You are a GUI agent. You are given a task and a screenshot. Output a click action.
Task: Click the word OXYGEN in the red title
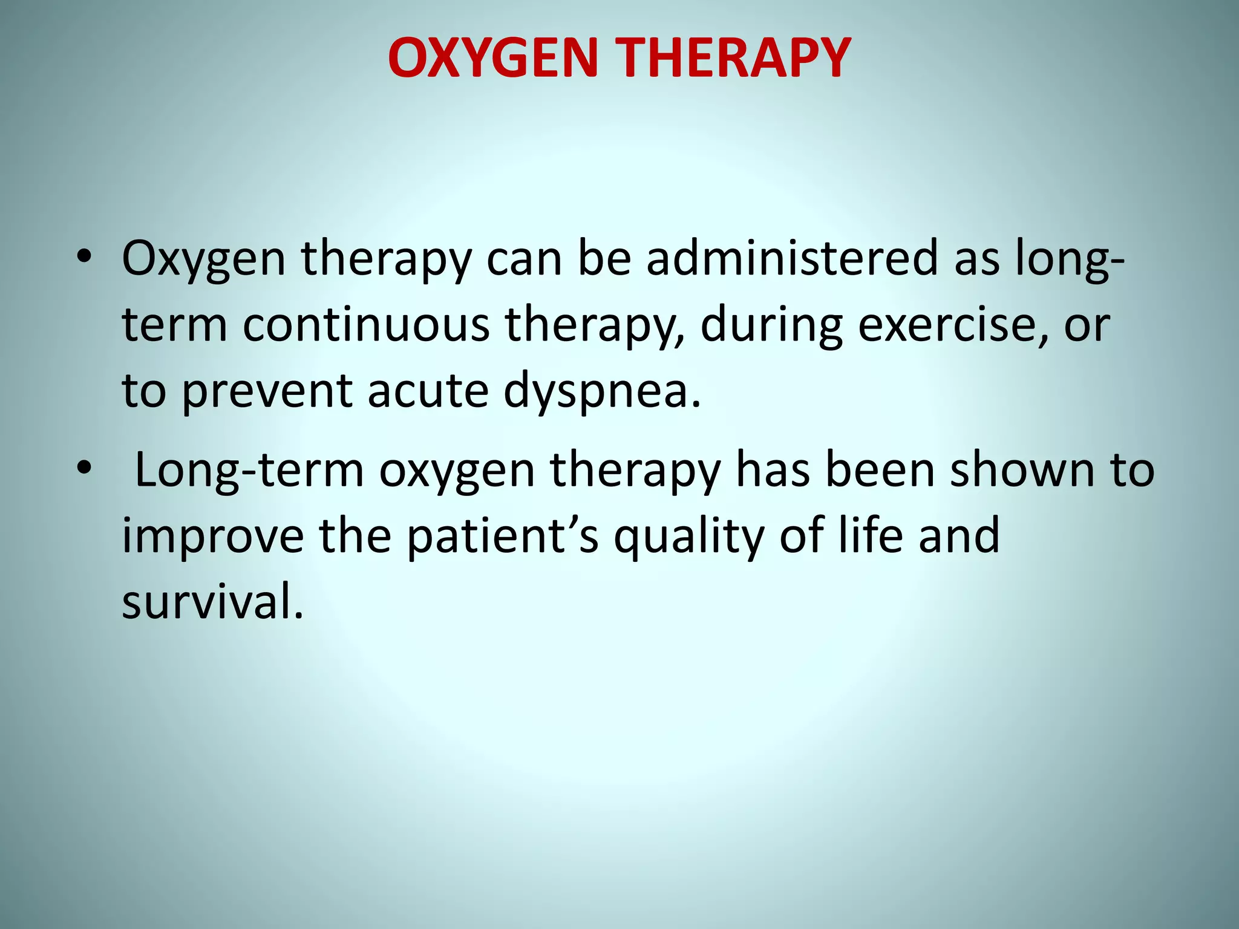[492, 59]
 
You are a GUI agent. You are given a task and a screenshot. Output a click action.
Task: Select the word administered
[792, 258]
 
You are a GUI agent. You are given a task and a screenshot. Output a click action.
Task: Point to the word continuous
[366, 325]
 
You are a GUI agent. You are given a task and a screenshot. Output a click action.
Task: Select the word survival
[212, 603]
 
